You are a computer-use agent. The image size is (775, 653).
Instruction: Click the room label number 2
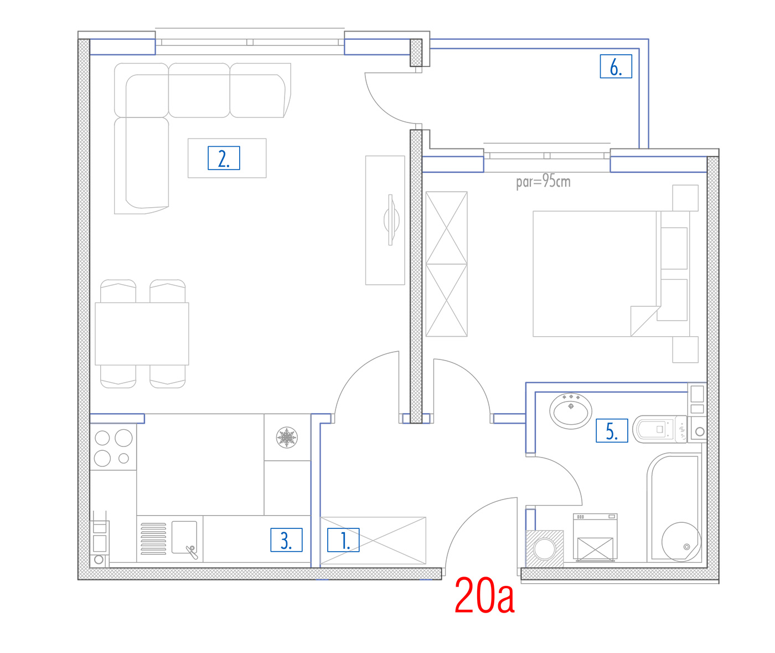(x=224, y=158)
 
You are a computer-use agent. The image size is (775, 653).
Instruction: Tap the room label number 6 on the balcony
(x=616, y=66)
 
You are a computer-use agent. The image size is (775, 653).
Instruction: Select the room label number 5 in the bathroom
(x=611, y=431)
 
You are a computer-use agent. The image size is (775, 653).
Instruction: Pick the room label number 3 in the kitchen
(x=286, y=540)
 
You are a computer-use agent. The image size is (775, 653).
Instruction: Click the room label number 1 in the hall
(x=343, y=540)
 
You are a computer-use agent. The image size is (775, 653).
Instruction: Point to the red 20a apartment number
(x=484, y=595)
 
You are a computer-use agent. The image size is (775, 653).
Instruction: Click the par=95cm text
(x=543, y=181)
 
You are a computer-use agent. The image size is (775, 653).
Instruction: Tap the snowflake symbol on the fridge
(x=287, y=438)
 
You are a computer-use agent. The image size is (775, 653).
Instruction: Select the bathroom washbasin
(x=571, y=411)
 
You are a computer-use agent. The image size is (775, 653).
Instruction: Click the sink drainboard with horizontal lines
(x=153, y=538)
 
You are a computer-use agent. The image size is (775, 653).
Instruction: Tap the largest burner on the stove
(x=123, y=438)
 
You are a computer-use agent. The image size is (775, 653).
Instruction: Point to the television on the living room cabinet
(x=391, y=220)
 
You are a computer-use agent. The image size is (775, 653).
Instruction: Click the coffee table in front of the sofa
(x=227, y=158)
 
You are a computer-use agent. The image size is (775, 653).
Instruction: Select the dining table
(x=142, y=334)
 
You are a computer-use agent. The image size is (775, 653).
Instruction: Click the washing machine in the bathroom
(x=595, y=537)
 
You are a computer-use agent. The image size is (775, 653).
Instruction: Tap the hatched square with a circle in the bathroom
(x=544, y=549)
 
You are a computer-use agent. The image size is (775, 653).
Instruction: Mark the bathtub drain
(x=686, y=547)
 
